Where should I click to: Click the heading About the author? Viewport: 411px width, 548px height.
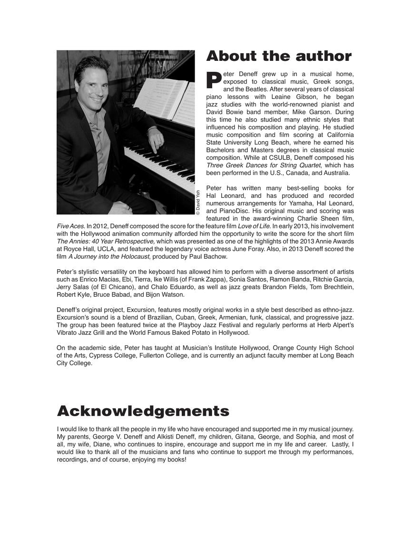pos(279,56)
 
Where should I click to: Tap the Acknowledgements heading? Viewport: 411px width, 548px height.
pos(143,411)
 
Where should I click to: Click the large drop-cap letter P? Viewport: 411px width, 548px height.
pos(214,80)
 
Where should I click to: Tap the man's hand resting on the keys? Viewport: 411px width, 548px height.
pos(155,138)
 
